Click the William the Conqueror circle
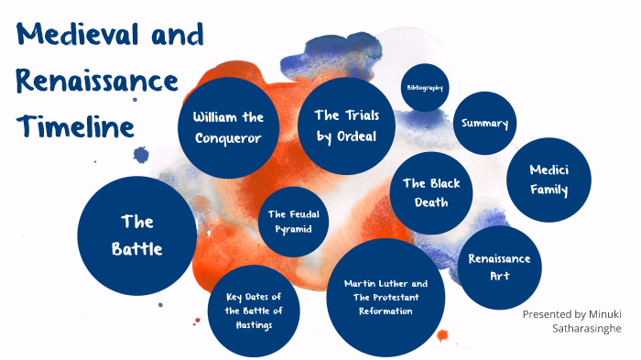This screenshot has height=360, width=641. pos(228,127)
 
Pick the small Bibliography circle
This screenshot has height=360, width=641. pos(424,88)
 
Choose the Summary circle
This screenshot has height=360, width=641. pos(484,124)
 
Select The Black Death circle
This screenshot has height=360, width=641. pos(431,191)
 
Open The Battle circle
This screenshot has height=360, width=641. pos(137,235)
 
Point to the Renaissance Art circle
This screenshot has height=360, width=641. pos(499,267)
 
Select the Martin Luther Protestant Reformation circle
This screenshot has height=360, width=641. pos(386,297)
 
